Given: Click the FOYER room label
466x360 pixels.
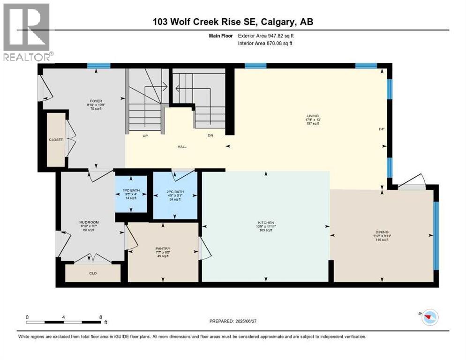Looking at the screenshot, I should (x=96, y=101).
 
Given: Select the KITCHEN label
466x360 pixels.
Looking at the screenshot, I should (x=265, y=222).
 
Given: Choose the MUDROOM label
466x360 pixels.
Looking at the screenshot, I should (x=89, y=222).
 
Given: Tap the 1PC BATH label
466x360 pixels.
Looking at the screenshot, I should (x=131, y=190).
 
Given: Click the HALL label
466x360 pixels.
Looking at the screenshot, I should (x=182, y=147).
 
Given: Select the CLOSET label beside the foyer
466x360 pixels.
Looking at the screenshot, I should (x=56, y=139).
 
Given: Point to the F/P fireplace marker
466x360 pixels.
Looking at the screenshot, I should (x=382, y=129).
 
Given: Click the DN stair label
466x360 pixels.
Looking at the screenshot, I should (x=210, y=135).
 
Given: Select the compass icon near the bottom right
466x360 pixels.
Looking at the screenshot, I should (x=429, y=317).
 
